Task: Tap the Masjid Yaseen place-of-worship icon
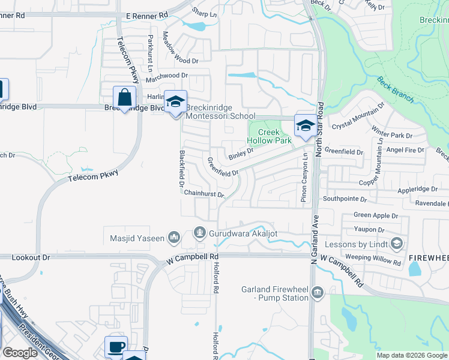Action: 173,238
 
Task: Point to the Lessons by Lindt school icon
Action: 396,244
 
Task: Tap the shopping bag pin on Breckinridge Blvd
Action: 124,98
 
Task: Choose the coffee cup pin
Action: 116,347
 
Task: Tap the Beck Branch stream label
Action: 394,88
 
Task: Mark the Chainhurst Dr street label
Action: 204,194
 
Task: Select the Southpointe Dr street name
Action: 345,198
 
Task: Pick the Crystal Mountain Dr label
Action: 358,118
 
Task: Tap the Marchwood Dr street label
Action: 167,76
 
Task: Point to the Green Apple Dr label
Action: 376,215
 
